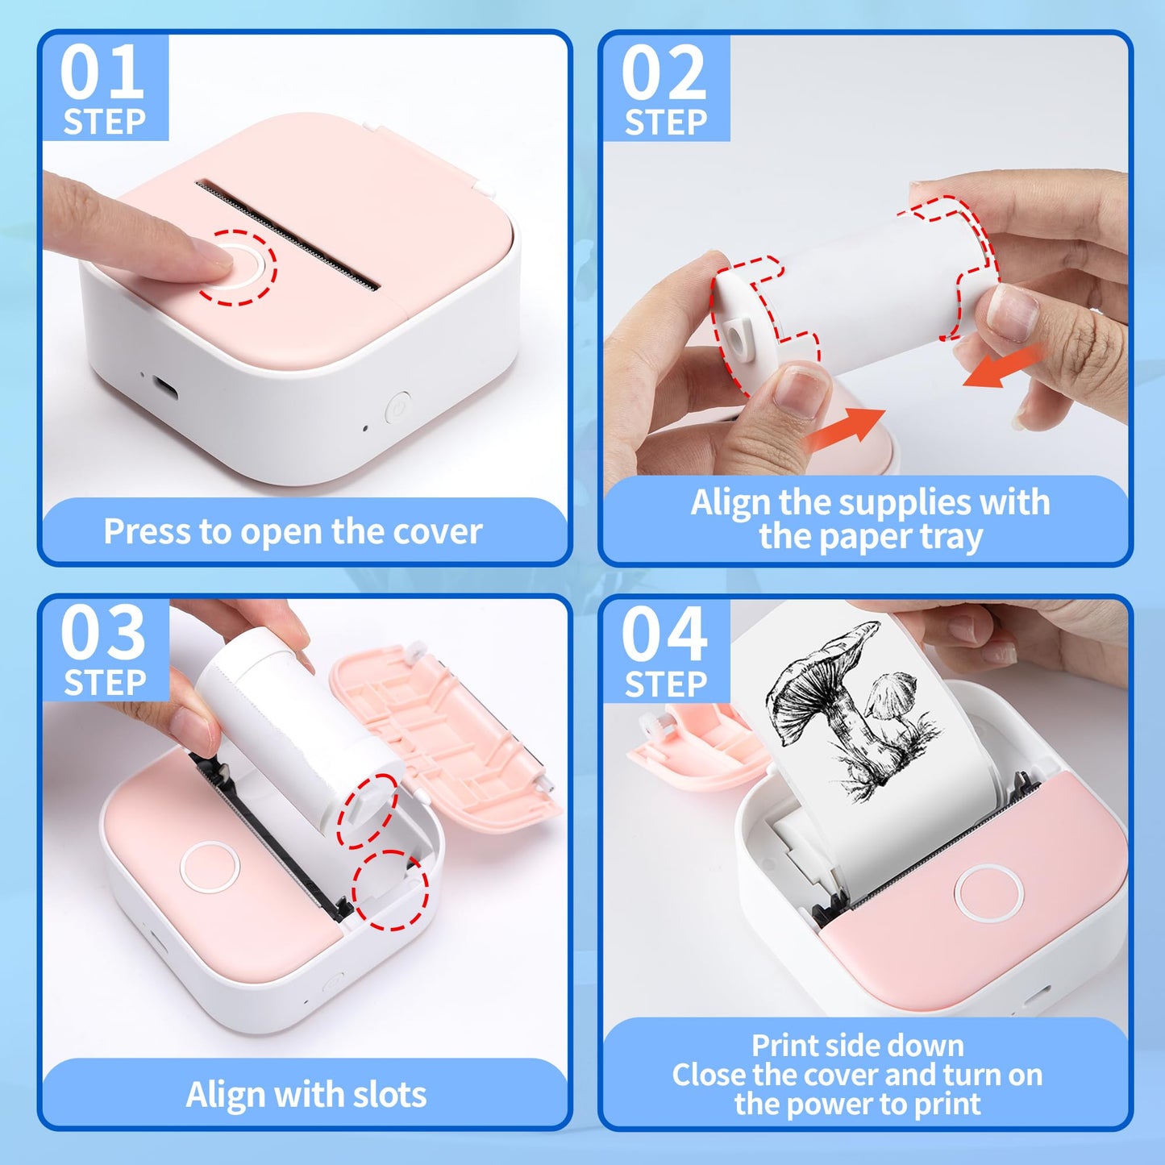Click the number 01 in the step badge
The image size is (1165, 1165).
(x=102, y=73)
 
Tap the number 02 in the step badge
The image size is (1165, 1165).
(x=664, y=73)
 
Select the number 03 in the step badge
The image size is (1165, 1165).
(x=102, y=634)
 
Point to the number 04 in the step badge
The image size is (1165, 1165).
(x=664, y=635)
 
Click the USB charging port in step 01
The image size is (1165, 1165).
(x=165, y=387)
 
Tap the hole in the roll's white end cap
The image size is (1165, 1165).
(x=736, y=333)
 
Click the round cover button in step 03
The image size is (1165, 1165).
(x=210, y=867)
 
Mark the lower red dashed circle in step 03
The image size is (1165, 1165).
(x=390, y=890)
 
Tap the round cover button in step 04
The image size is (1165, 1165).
(x=989, y=893)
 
